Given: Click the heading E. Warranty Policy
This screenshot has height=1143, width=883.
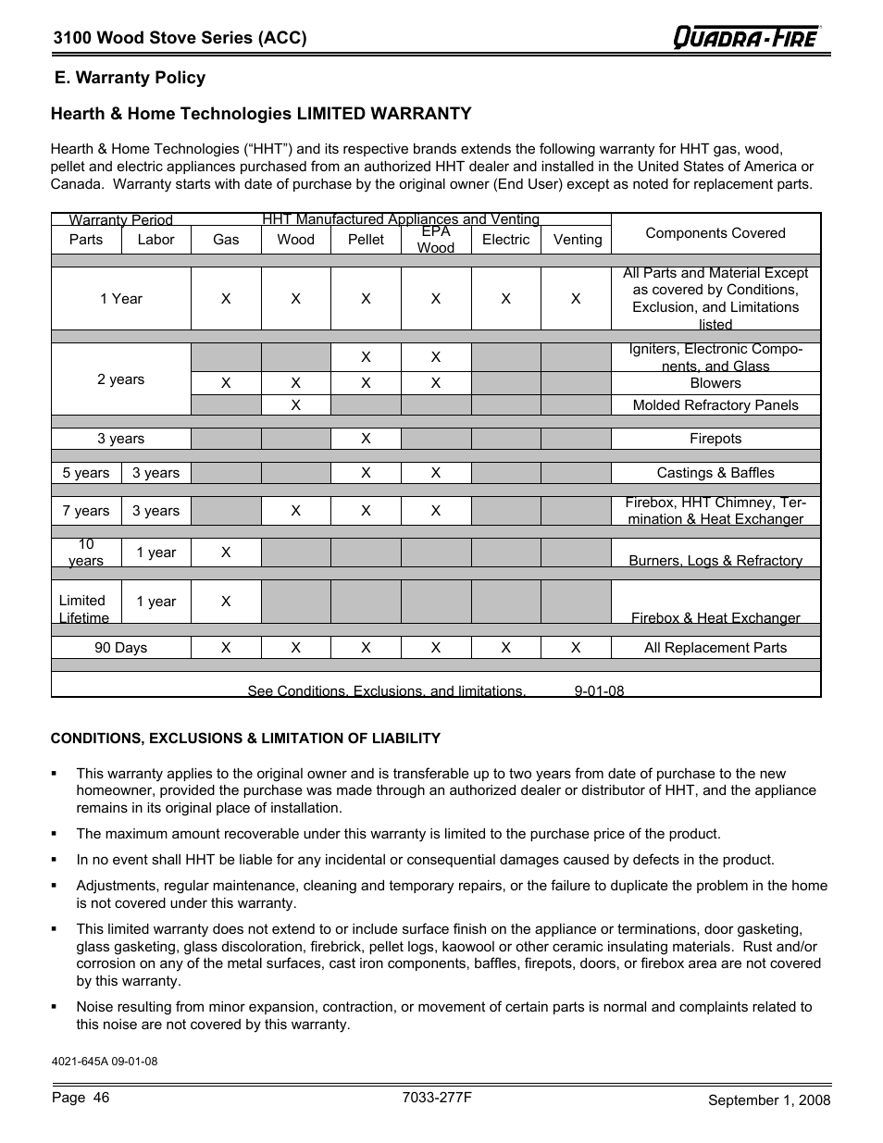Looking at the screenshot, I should tap(130, 78).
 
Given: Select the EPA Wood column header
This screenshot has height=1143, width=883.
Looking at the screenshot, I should tap(435, 240).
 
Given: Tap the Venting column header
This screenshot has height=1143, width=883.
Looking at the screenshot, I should tap(577, 240).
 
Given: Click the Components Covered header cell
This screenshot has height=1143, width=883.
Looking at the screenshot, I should tap(715, 233).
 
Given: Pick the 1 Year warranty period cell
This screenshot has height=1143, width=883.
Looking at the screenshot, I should tap(121, 299).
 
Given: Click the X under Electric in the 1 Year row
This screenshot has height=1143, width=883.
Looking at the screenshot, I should tap(505, 299).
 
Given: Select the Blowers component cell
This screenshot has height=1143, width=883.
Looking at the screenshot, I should tap(715, 383).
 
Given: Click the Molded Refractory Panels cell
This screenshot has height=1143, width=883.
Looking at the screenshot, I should tap(715, 405).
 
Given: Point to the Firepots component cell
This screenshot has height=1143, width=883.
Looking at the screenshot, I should tap(715, 439).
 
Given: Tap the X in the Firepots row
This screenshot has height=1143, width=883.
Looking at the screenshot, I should tap(366, 439).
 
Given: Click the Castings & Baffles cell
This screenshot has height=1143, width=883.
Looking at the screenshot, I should tap(715, 473).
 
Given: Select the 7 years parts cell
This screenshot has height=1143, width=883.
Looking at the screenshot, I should tap(86, 511).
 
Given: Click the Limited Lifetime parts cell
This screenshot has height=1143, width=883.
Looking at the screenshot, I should tap(84, 609).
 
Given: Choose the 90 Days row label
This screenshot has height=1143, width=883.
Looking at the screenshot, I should tap(121, 648).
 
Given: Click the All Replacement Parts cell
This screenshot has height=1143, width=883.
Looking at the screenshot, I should tap(715, 648).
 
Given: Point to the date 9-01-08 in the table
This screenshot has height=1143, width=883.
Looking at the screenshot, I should tap(599, 690).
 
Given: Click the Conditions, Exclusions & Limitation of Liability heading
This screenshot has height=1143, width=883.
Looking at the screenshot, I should tap(245, 739).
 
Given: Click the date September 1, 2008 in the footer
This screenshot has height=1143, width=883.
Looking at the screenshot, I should tap(769, 1100).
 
